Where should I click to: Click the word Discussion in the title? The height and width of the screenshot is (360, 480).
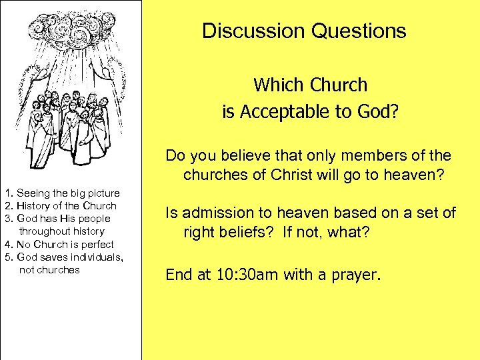tap(245, 31)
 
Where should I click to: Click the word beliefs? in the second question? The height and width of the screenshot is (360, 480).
tap(246, 234)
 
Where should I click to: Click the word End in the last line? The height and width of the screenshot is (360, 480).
tap(178, 274)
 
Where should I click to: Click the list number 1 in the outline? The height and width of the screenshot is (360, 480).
tap(5, 193)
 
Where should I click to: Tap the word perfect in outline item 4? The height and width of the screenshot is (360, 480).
tap(97, 245)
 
